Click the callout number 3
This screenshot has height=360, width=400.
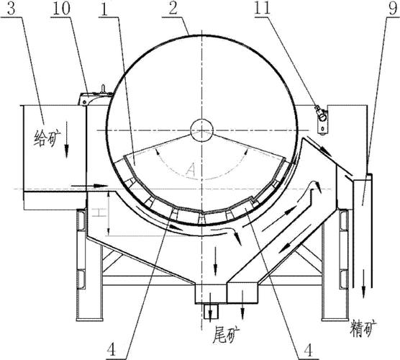12,9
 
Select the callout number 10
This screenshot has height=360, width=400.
61,9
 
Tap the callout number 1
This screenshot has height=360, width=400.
104,9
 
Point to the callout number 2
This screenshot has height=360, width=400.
173,9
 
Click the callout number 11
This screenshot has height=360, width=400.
263,8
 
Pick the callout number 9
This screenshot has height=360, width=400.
393,9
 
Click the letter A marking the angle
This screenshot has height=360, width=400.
191,170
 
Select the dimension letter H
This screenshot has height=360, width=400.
96,212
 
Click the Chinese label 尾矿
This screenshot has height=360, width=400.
226,335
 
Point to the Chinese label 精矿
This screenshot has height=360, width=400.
363,328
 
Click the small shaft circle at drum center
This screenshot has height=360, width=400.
201,130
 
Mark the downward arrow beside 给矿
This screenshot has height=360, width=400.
67,140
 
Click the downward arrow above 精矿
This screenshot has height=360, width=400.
363,284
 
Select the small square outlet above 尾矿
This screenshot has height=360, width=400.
211,311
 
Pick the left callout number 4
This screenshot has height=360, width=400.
112,349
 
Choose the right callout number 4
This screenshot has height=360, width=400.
309,350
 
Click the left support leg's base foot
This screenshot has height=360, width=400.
89,319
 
